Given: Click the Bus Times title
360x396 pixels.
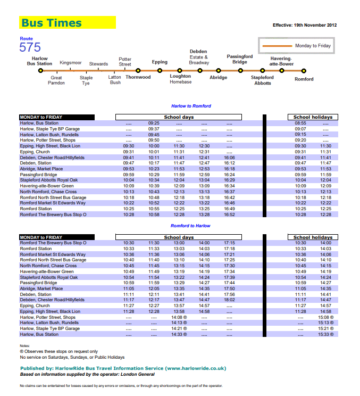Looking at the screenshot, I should pos(52,23).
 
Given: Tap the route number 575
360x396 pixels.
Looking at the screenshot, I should pos(30,47).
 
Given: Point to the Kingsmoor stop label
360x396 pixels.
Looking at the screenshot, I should pos(70,63).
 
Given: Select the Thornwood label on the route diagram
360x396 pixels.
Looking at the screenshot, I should pos(138,77).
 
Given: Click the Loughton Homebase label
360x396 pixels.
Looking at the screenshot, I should pos(180,79).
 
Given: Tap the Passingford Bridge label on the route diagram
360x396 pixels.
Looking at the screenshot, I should pos(240,59).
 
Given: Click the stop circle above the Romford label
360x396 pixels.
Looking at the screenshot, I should pos(304,70).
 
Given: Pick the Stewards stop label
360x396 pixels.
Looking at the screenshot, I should pos(98,64).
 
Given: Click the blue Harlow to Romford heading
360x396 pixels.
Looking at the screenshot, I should pos(191,106).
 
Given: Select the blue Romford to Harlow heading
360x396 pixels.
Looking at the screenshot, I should pos(191,226).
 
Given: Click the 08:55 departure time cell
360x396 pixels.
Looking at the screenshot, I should pos(300,123).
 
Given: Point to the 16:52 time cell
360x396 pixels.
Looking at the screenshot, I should pos(230,214).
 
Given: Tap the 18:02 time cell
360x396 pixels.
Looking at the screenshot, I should pos(230,300).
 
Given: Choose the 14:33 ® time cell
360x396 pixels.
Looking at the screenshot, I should pos(180,334).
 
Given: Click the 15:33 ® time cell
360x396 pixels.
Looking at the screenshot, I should pos(325,334).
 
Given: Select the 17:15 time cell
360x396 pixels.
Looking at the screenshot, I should pos(230,243).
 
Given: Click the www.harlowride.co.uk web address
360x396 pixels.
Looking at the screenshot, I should pos(195,368).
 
